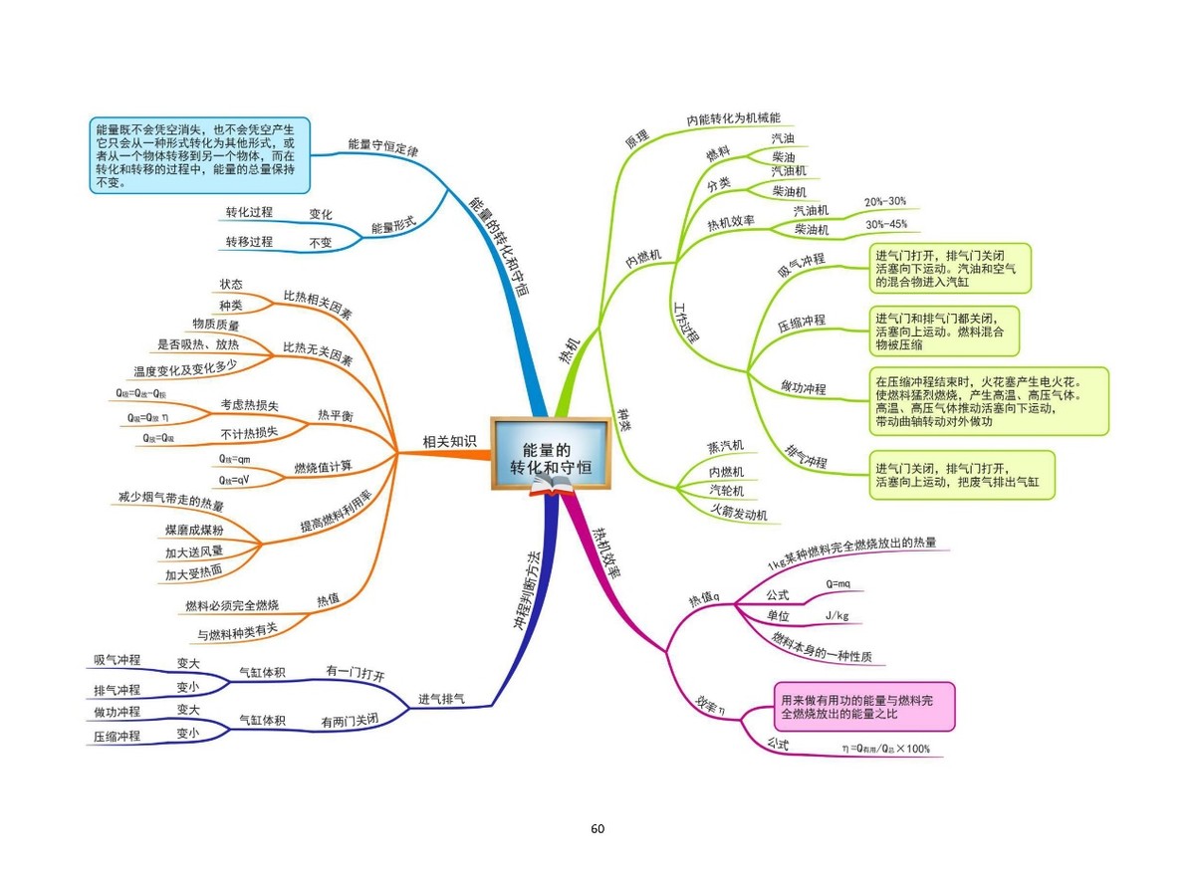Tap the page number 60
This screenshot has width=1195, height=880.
coord(597,828)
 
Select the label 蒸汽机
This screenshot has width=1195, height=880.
coord(725,446)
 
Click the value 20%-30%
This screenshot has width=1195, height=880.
coord(884,202)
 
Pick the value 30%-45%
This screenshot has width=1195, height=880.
coord(884,224)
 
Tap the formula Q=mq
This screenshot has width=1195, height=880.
coord(837,583)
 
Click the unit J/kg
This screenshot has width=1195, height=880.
coord(836,615)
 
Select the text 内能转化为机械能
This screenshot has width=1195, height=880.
coord(733,118)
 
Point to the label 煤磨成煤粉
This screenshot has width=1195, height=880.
coord(194,530)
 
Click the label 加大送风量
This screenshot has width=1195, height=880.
coord(194,551)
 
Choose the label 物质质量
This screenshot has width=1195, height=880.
coord(216,325)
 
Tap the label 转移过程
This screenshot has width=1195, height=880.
coord(249,242)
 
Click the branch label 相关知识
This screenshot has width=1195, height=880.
coord(449,442)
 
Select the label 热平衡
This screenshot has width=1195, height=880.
coord(335,414)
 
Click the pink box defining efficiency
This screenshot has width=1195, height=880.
coord(863,706)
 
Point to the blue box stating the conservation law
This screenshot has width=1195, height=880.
coord(196,155)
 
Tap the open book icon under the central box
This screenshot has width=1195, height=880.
coord(551,485)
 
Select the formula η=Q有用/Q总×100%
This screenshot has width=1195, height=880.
coord(884,749)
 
